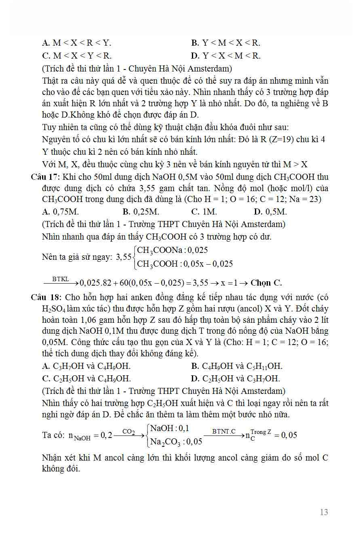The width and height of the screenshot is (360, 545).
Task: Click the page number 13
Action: [324, 512]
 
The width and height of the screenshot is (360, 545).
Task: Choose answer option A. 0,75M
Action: [61, 212]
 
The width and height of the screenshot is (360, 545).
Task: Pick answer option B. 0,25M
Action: [141, 212]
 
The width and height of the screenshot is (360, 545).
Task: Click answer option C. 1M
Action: [204, 212]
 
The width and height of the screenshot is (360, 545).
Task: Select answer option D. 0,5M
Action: [270, 212]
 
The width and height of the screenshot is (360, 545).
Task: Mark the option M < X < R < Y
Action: [77, 43]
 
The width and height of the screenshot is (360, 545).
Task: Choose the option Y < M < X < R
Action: [226, 43]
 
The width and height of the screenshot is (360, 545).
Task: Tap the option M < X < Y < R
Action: [77, 55]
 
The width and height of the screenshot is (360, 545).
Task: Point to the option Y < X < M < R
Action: [226, 55]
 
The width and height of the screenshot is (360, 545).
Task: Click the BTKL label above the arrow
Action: [60, 279]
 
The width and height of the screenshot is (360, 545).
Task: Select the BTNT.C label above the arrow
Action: [223, 431]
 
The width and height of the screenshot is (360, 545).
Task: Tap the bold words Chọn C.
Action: [266, 283]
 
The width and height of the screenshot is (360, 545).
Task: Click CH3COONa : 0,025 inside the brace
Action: [173, 250]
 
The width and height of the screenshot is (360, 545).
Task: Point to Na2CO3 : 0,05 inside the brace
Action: [176, 442]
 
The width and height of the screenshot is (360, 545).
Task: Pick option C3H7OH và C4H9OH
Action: [86, 366]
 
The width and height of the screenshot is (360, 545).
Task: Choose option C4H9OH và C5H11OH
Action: [237, 366]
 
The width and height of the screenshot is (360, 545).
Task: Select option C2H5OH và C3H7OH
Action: [236, 379]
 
